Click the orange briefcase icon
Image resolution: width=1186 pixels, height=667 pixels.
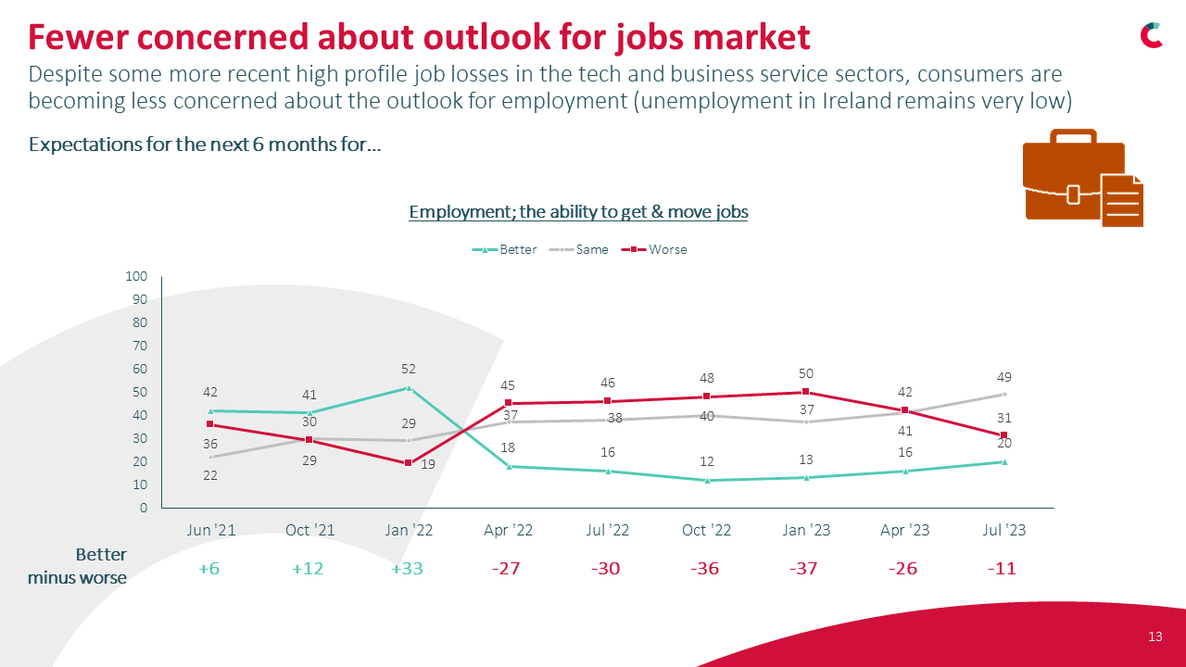point(1081,178)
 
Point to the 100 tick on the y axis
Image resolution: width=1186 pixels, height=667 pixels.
point(137,276)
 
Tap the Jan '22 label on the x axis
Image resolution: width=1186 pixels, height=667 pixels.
point(409,531)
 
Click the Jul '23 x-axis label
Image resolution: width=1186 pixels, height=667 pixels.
point(1003,531)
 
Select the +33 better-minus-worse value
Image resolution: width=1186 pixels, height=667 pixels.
point(407,568)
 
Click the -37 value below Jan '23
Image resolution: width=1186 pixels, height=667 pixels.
point(803,568)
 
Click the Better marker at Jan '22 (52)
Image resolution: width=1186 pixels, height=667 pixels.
point(409,388)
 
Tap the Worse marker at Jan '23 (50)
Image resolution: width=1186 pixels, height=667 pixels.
point(805,392)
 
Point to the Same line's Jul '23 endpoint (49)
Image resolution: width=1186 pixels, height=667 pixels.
point(1003,395)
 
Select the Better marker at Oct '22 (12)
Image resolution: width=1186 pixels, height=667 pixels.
point(706,480)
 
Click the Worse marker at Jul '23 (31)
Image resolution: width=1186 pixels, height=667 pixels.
point(1003,435)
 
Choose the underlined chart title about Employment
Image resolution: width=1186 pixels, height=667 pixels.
point(578,211)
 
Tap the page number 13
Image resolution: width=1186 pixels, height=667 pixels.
point(1154,636)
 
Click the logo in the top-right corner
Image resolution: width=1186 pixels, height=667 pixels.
point(1152,35)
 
